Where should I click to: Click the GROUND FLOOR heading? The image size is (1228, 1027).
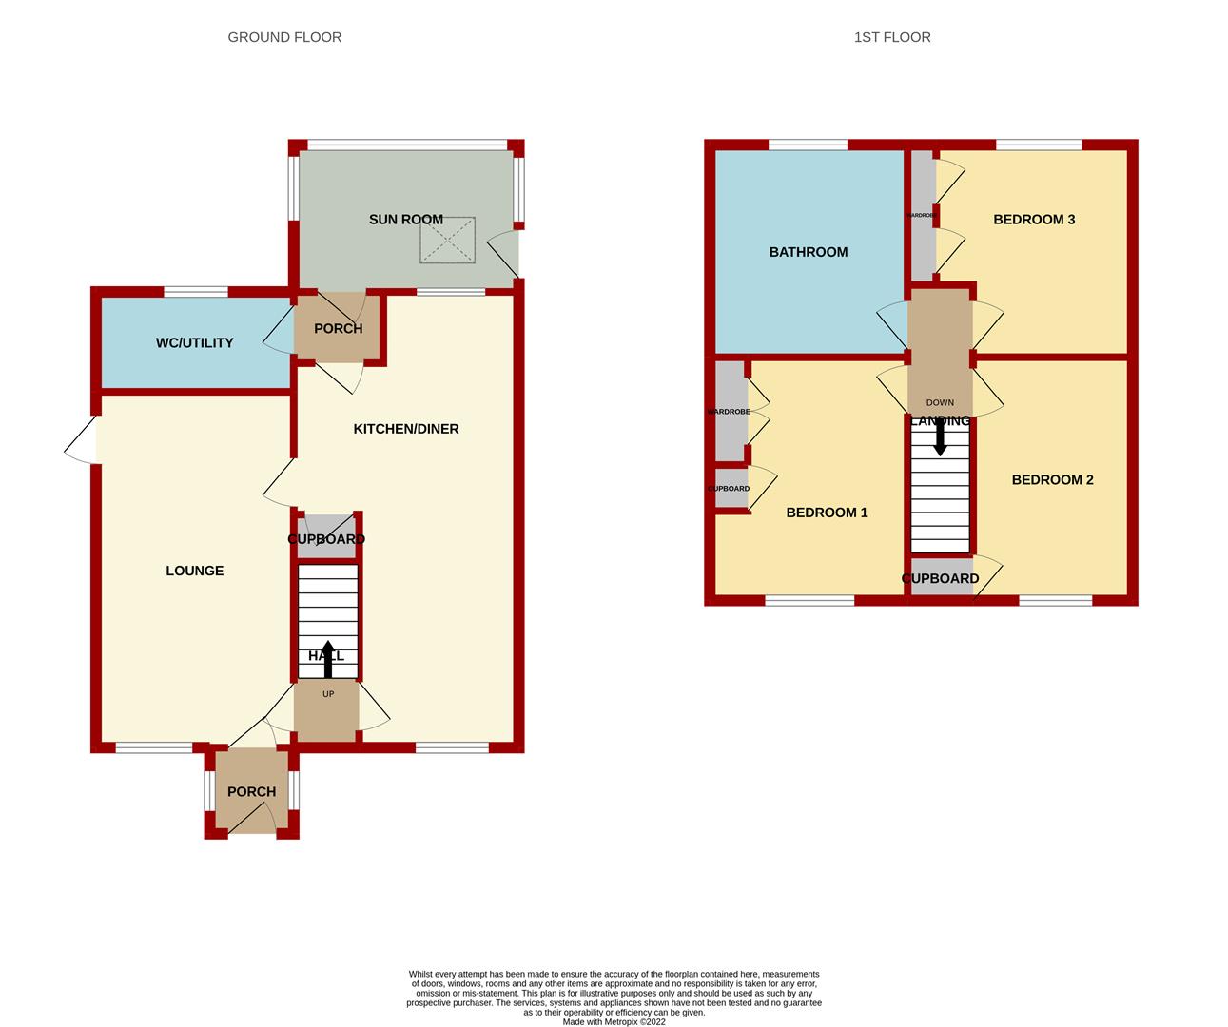(284, 37)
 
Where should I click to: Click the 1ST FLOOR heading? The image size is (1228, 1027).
(891, 37)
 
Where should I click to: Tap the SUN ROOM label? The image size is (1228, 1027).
(405, 220)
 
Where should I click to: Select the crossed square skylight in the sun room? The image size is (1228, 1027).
(446, 239)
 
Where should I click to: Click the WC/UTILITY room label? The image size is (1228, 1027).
(194, 342)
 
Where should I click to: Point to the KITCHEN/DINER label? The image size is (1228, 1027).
(406, 429)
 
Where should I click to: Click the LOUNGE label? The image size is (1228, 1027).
(194, 571)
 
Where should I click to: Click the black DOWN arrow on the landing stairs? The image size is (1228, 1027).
(940, 437)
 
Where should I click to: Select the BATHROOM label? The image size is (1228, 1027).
(808, 252)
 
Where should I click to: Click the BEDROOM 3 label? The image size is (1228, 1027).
(1033, 220)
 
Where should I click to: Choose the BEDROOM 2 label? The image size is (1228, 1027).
(1052, 480)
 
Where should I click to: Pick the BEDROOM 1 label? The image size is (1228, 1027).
(827, 513)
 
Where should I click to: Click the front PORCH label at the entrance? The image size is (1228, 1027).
(251, 792)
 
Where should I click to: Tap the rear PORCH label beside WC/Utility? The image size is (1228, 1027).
(338, 329)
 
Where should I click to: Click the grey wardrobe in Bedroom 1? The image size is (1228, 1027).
(730, 412)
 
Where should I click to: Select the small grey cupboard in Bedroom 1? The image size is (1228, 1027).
(730, 489)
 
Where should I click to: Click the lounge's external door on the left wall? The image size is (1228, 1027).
(83, 439)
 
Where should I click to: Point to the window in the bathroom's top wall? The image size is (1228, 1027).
(807, 145)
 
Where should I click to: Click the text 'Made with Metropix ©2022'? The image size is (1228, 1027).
(614, 1022)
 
